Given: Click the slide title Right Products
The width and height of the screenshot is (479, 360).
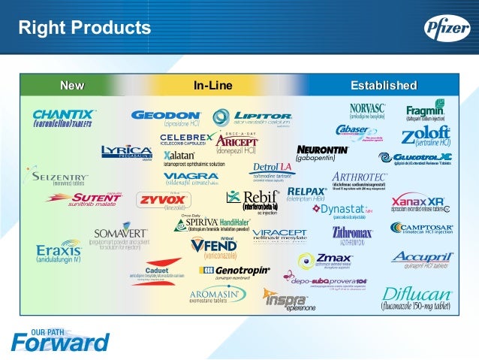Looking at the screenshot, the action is click(84, 29).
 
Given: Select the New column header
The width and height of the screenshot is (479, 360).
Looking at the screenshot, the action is click(72, 85).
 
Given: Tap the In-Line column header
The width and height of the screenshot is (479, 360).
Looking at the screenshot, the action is click(213, 85).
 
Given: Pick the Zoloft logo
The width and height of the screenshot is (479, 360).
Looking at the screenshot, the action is click(426, 135).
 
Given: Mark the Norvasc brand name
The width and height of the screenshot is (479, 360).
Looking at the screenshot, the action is click(366, 108).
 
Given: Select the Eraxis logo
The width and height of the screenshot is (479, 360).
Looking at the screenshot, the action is click(59, 250).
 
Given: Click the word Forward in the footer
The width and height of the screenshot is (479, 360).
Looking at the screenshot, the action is click(60, 343).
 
